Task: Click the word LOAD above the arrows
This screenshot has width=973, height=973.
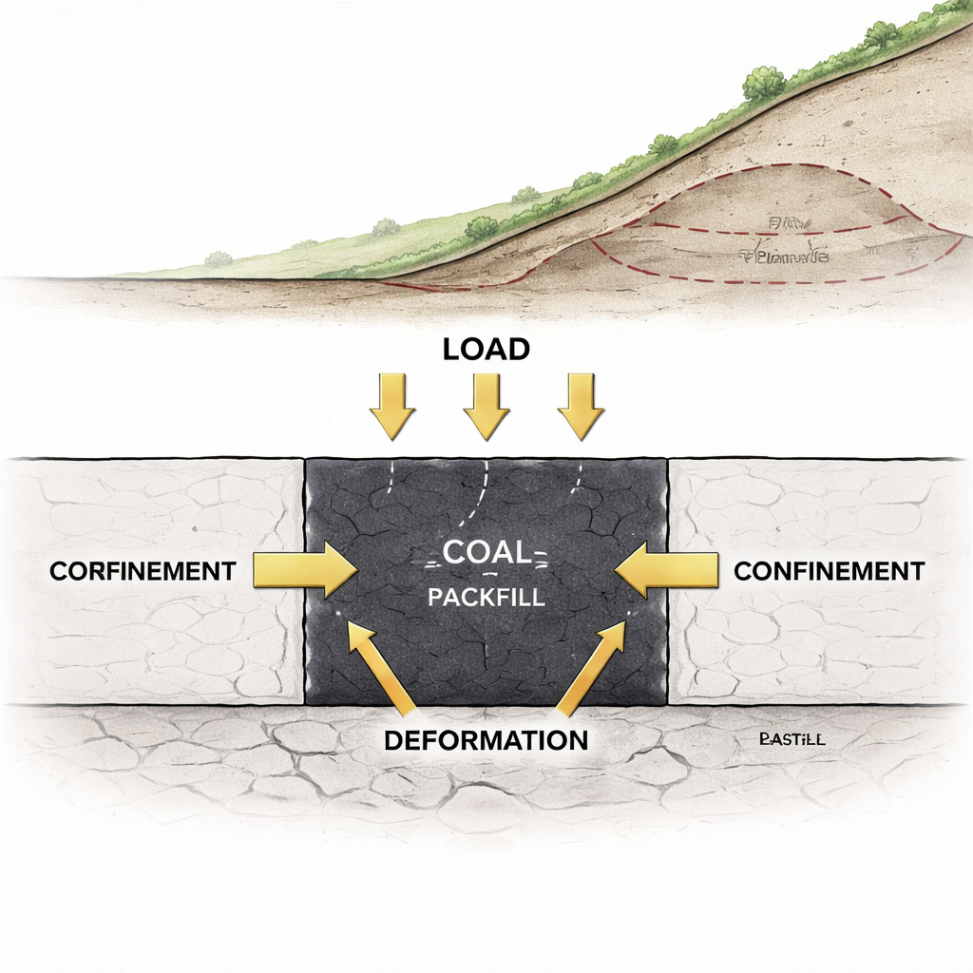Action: pyautogui.click(x=486, y=349)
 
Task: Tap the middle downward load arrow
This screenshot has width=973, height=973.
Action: pyautogui.click(x=486, y=405)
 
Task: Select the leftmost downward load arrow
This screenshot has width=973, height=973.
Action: pyautogui.click(x=391, y=405)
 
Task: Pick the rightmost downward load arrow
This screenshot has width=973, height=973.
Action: pyautogui.click(x=581, y=405)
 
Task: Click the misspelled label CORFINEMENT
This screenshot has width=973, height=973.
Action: pyautogui.click(x=143, y=571)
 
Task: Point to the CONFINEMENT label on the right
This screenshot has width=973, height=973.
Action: pyautogui.click(x=829, y=571)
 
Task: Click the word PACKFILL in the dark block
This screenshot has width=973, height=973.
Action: pyautogui.click(x=486, y=600)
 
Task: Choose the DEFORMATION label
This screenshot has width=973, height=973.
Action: pyautogui.click(x=486, y=739)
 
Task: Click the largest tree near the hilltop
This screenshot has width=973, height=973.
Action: pyautogui.click(x=763, y=84)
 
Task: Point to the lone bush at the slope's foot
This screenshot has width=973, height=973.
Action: pyautogui.click(x=219, y=258)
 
